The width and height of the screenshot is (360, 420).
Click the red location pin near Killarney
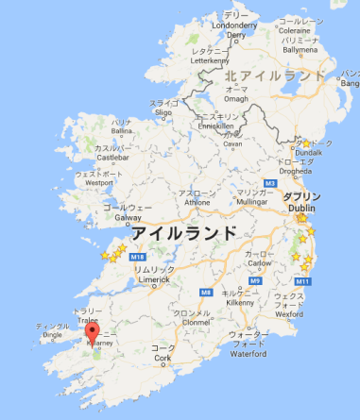pyautogui.click(x=93, y=333)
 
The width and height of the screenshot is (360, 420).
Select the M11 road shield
pyautogui.click(x=303, y=281)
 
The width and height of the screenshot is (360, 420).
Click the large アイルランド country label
pyautogui.click(x=182, y=232)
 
